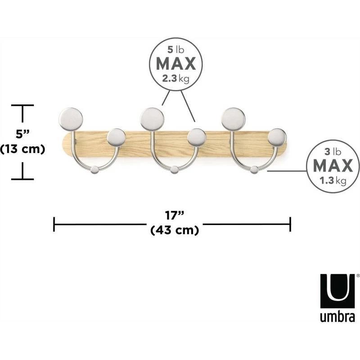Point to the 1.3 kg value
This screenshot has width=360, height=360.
(333, 181)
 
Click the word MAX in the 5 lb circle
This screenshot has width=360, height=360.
(176, 63)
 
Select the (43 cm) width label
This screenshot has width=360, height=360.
(174, 230)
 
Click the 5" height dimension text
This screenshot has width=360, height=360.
(22, 134)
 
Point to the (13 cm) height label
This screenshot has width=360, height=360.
(22, 148)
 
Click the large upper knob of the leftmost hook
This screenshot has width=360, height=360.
(71, 118)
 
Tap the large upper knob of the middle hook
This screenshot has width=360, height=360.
(152, 118)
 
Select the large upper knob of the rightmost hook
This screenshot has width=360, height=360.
(233, 118)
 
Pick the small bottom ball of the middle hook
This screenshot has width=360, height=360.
(175, 170)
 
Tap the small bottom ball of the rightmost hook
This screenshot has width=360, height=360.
(255, 170)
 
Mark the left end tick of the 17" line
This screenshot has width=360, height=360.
(54, 224)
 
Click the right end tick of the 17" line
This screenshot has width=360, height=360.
(291, 224)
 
